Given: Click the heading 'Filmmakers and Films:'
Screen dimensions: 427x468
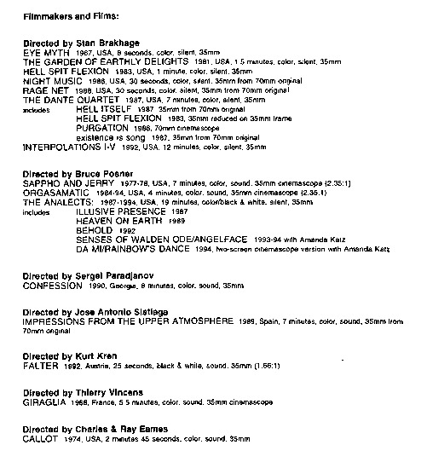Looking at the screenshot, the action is [x=65, y=15].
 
